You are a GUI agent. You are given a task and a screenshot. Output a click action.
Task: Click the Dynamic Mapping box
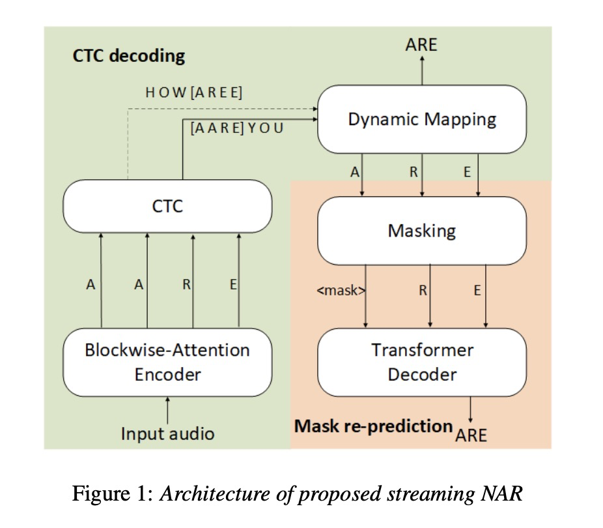coord(421,119)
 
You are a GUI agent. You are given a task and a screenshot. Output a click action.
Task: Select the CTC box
coord(167,207)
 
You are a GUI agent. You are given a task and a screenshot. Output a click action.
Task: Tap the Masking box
coord(421,230)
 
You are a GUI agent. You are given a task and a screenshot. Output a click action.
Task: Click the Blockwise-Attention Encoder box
coord(167,362)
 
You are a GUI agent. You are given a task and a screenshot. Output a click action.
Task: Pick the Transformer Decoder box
coord(421,362)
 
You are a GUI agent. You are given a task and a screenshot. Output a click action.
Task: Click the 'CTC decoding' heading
coord(128,55)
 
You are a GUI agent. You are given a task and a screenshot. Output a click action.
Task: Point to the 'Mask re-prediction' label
coord(373,426)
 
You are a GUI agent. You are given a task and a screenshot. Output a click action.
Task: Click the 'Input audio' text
coord(167,433)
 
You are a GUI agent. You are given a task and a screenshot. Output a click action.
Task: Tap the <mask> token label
coord(340,291)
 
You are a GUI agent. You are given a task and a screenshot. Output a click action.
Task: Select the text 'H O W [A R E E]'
coord(193,93)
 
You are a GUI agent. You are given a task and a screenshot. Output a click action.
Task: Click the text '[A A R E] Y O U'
coord(236,128)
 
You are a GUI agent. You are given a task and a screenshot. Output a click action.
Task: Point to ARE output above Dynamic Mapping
coord(421,44)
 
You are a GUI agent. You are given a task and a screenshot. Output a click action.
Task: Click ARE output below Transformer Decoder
coord(471,435)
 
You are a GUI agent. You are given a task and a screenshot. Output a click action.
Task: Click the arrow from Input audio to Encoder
coord(167,409)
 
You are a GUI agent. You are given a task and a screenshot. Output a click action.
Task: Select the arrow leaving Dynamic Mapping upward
coord(421,70)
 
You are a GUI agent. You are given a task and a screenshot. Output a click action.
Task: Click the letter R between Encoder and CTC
coord(186,286)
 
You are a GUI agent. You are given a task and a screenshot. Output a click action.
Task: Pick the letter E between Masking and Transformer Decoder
coord(477,291)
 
